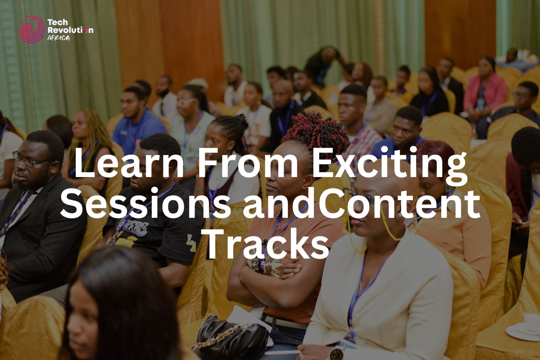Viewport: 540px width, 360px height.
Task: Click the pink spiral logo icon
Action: (32, 29)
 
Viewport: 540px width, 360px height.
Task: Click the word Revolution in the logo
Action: (71, 30)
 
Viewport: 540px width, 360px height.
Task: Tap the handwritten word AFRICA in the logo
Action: (59, 38)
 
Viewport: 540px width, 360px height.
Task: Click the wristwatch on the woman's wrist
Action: (336, 353)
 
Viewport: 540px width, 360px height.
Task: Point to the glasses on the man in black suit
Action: (29, 160)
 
